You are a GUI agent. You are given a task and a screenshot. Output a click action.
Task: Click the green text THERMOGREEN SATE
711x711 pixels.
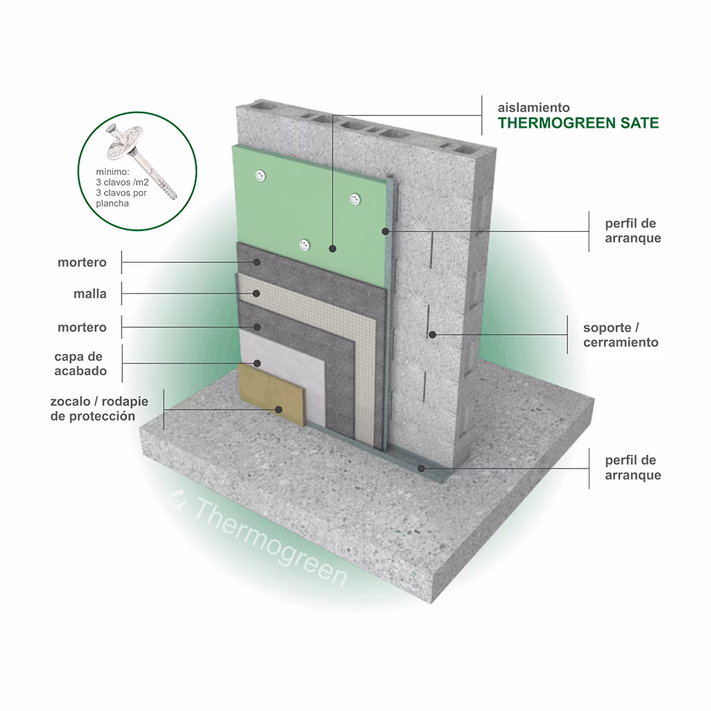tap(578, 123)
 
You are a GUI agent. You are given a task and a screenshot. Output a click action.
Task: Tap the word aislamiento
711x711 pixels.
tap(534, 108)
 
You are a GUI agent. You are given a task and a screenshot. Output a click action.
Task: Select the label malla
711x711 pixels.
tap(90, 294)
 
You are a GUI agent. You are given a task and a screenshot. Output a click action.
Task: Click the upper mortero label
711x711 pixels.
tap(82, 262)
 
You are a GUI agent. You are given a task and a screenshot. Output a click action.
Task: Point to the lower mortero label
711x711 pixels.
tap(82, 328)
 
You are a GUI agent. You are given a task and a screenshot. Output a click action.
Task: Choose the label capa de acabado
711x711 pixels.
tap(81, 364)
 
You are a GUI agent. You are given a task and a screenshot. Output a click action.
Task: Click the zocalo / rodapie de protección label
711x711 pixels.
tap(99, 408)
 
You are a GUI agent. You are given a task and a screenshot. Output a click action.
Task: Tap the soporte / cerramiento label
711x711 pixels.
tap(621, 335)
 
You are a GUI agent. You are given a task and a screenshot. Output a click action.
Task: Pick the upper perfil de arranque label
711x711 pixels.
tap(633, 231)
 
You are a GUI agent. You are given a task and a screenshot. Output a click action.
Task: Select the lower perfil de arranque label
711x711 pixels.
tap(633, 467)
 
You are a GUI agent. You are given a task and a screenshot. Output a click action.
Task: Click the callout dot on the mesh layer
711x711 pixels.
tap(256, 294)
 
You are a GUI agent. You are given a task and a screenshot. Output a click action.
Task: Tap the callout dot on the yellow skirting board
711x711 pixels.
tap(278, 410)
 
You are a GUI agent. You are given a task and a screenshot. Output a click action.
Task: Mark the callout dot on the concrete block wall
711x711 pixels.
tap(433, 335)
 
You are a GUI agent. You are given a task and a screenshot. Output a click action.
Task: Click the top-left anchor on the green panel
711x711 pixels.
tap(260, 176)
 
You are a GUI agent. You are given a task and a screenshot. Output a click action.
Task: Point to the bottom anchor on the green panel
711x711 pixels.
tap(304, 245)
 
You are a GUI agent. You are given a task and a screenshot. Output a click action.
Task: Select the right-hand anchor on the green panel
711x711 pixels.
tap(355, 199)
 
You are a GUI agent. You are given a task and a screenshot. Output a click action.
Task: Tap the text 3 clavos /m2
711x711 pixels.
tap(122, 183)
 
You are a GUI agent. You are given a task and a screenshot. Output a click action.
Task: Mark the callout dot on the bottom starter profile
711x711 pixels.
tap(421, 468)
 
